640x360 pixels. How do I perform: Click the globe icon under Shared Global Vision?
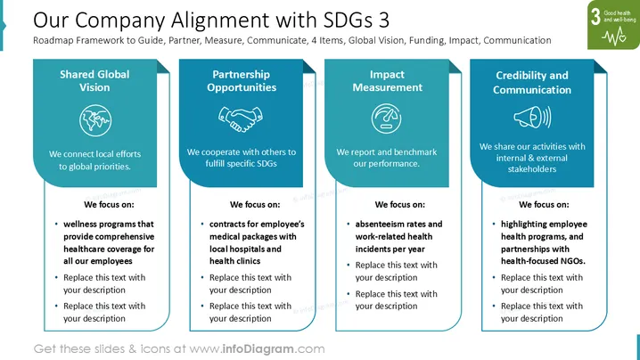95,120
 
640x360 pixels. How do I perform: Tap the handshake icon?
241,119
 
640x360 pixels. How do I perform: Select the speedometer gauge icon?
386,119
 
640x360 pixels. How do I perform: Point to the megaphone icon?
532,117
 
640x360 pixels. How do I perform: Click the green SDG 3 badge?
613,25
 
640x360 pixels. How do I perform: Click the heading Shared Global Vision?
94,81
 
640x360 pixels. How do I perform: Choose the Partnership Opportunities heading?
242,81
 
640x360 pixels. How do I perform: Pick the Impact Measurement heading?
388,81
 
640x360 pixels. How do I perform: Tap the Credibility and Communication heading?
532,83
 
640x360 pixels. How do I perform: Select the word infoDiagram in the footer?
258,349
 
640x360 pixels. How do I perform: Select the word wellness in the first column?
78,224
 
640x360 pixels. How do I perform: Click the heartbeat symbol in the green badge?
613,37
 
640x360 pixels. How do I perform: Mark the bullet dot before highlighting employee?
494,224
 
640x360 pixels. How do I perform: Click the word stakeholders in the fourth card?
532,169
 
